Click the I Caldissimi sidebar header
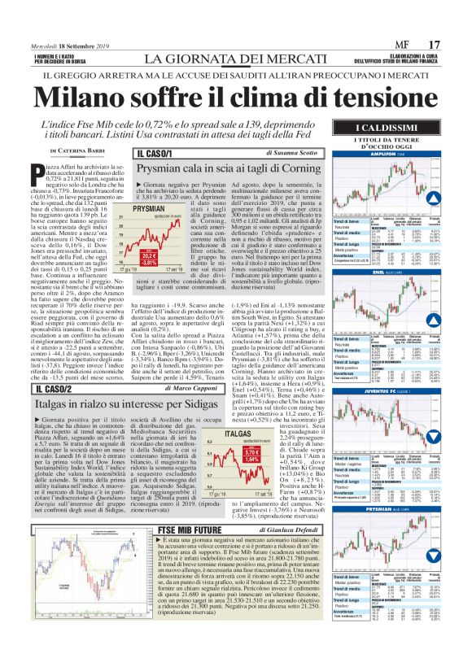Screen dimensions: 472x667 (x=397, y=131)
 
